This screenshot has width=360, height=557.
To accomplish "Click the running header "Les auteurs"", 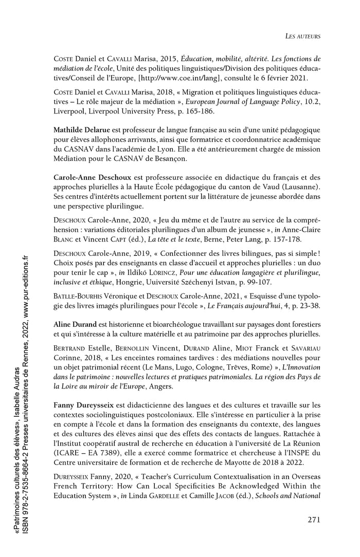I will pos(303,36).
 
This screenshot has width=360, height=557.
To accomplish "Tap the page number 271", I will pos(314,519).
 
